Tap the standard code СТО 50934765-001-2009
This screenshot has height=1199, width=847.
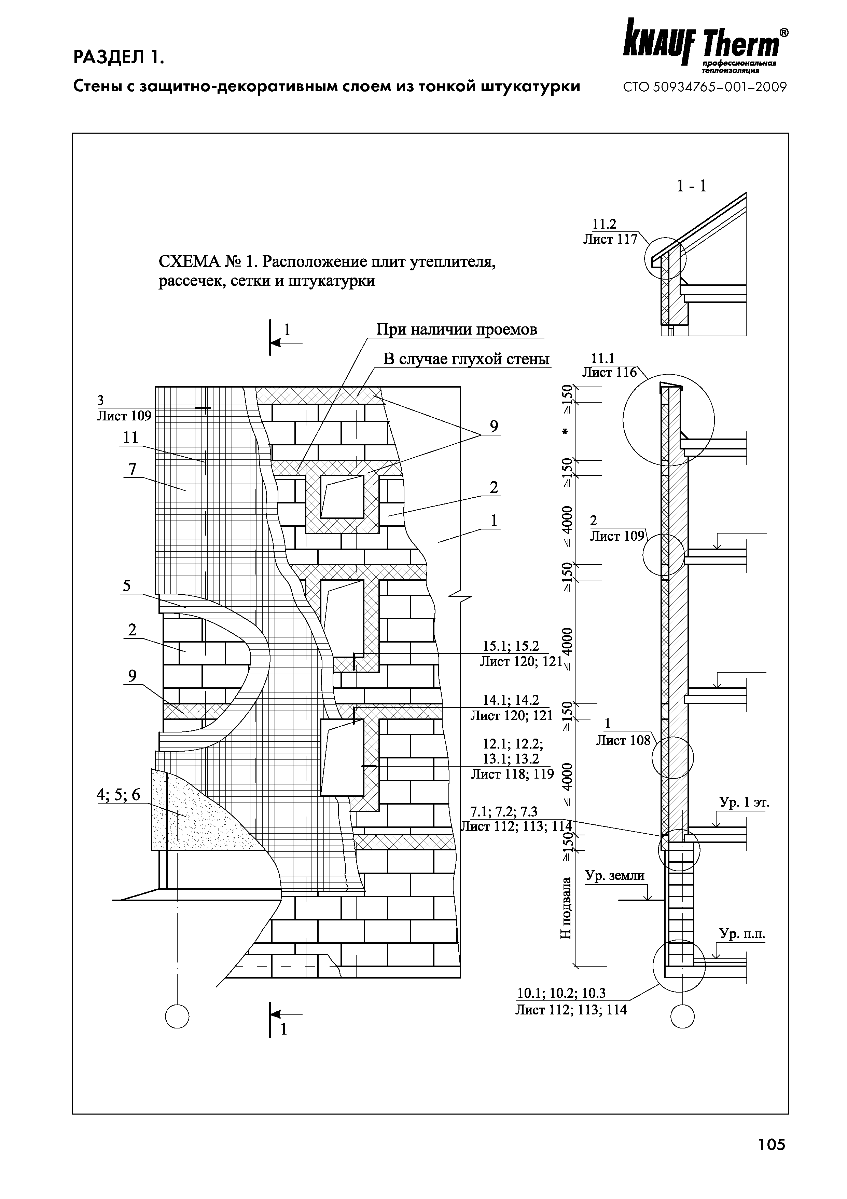[x=705, y=87]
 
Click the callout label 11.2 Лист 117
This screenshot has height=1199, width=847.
[x=610, y=232]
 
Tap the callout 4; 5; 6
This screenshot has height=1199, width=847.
[x=119, y=794]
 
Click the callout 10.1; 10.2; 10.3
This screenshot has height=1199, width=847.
[x=561, y=993]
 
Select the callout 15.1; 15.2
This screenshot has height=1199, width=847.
[x=511, y=647]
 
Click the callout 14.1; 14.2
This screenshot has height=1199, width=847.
[x=511, y=700]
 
